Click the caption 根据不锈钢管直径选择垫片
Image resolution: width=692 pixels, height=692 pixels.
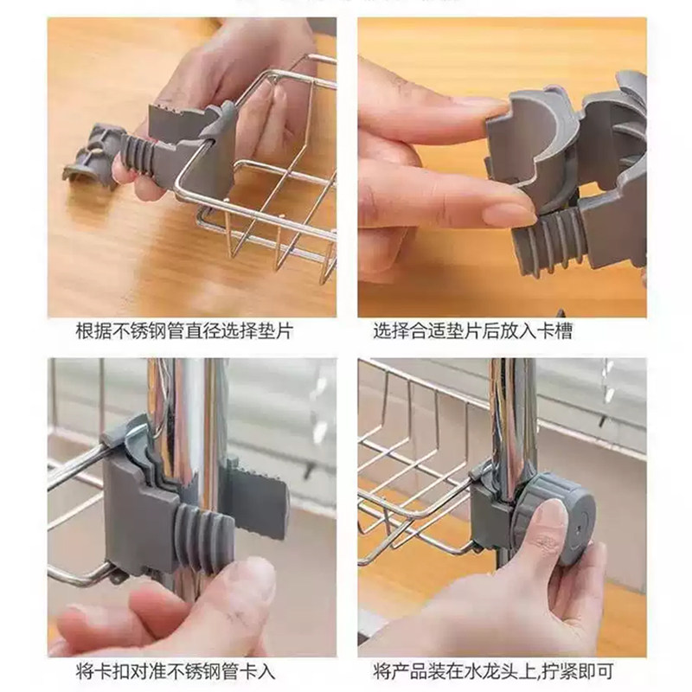pos(183,331)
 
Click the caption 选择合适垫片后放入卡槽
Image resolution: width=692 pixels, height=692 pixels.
pos(472,331)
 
